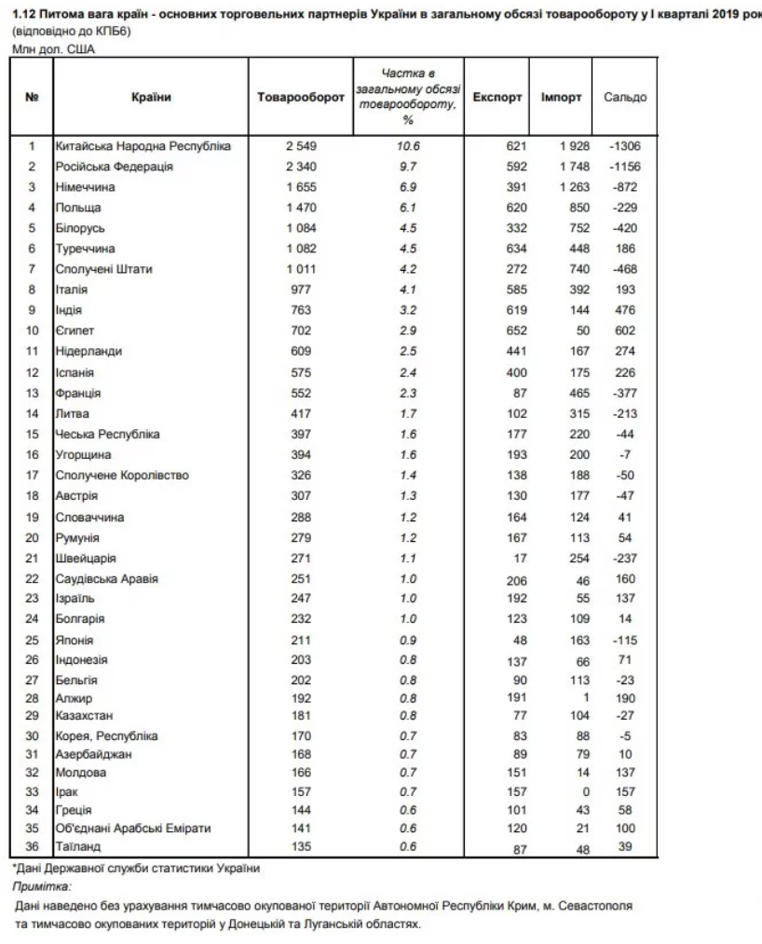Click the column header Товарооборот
pos(300,98)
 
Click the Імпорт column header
pos(562,98)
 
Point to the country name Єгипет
pos(77,330)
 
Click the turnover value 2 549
pos(300,146)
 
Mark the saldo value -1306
pos(625,146)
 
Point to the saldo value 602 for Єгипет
pos(625,330)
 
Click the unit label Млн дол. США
pos(43,49)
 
